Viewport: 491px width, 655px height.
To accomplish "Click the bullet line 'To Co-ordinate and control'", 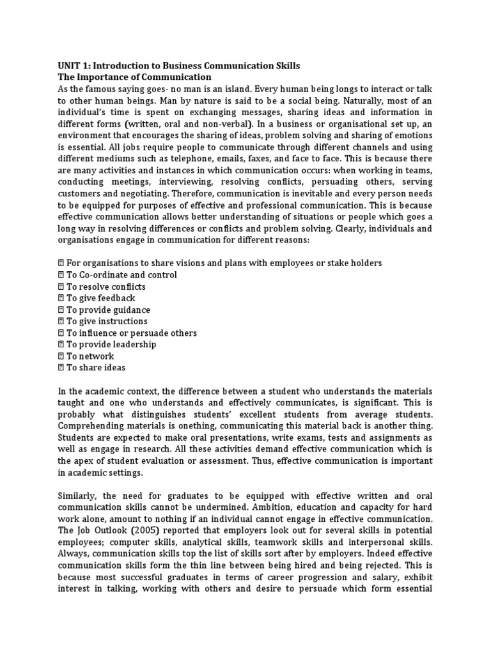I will [121, 275].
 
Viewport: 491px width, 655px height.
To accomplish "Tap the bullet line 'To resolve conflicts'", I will [105, 287].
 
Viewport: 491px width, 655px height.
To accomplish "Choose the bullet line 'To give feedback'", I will [100, 298].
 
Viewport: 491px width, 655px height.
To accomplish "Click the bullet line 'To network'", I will [90, 356].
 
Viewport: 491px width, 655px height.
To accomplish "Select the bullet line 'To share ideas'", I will [96, 368].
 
